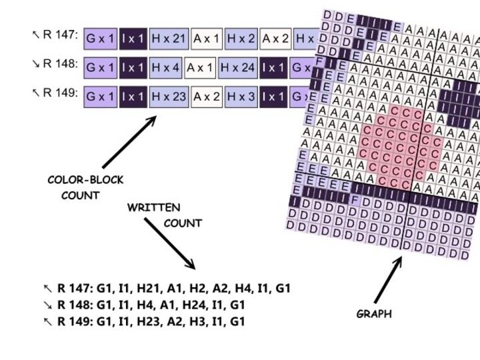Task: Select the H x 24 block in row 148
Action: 237,68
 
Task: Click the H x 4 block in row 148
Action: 165,68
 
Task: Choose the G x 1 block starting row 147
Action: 100,39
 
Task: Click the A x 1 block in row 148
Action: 198,68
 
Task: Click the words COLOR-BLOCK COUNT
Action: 85,187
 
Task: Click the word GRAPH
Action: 373,314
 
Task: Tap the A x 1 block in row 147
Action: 207,39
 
